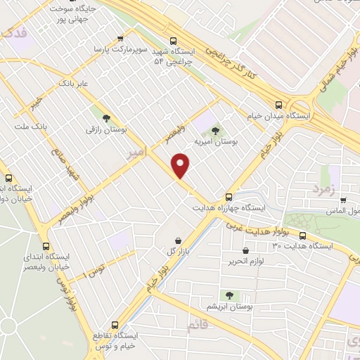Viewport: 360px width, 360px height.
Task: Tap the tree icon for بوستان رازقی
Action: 106,118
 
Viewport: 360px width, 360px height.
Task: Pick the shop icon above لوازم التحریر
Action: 245,250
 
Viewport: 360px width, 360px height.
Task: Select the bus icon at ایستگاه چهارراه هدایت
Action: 229,197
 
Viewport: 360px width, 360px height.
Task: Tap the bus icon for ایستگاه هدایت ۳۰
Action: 303,236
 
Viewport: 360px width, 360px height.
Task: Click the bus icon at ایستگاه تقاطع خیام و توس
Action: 115,325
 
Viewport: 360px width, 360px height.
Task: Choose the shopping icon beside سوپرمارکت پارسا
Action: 122,39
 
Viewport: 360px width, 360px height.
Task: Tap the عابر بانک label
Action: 75,83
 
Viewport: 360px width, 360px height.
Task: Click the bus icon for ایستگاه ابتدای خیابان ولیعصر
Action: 46,247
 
